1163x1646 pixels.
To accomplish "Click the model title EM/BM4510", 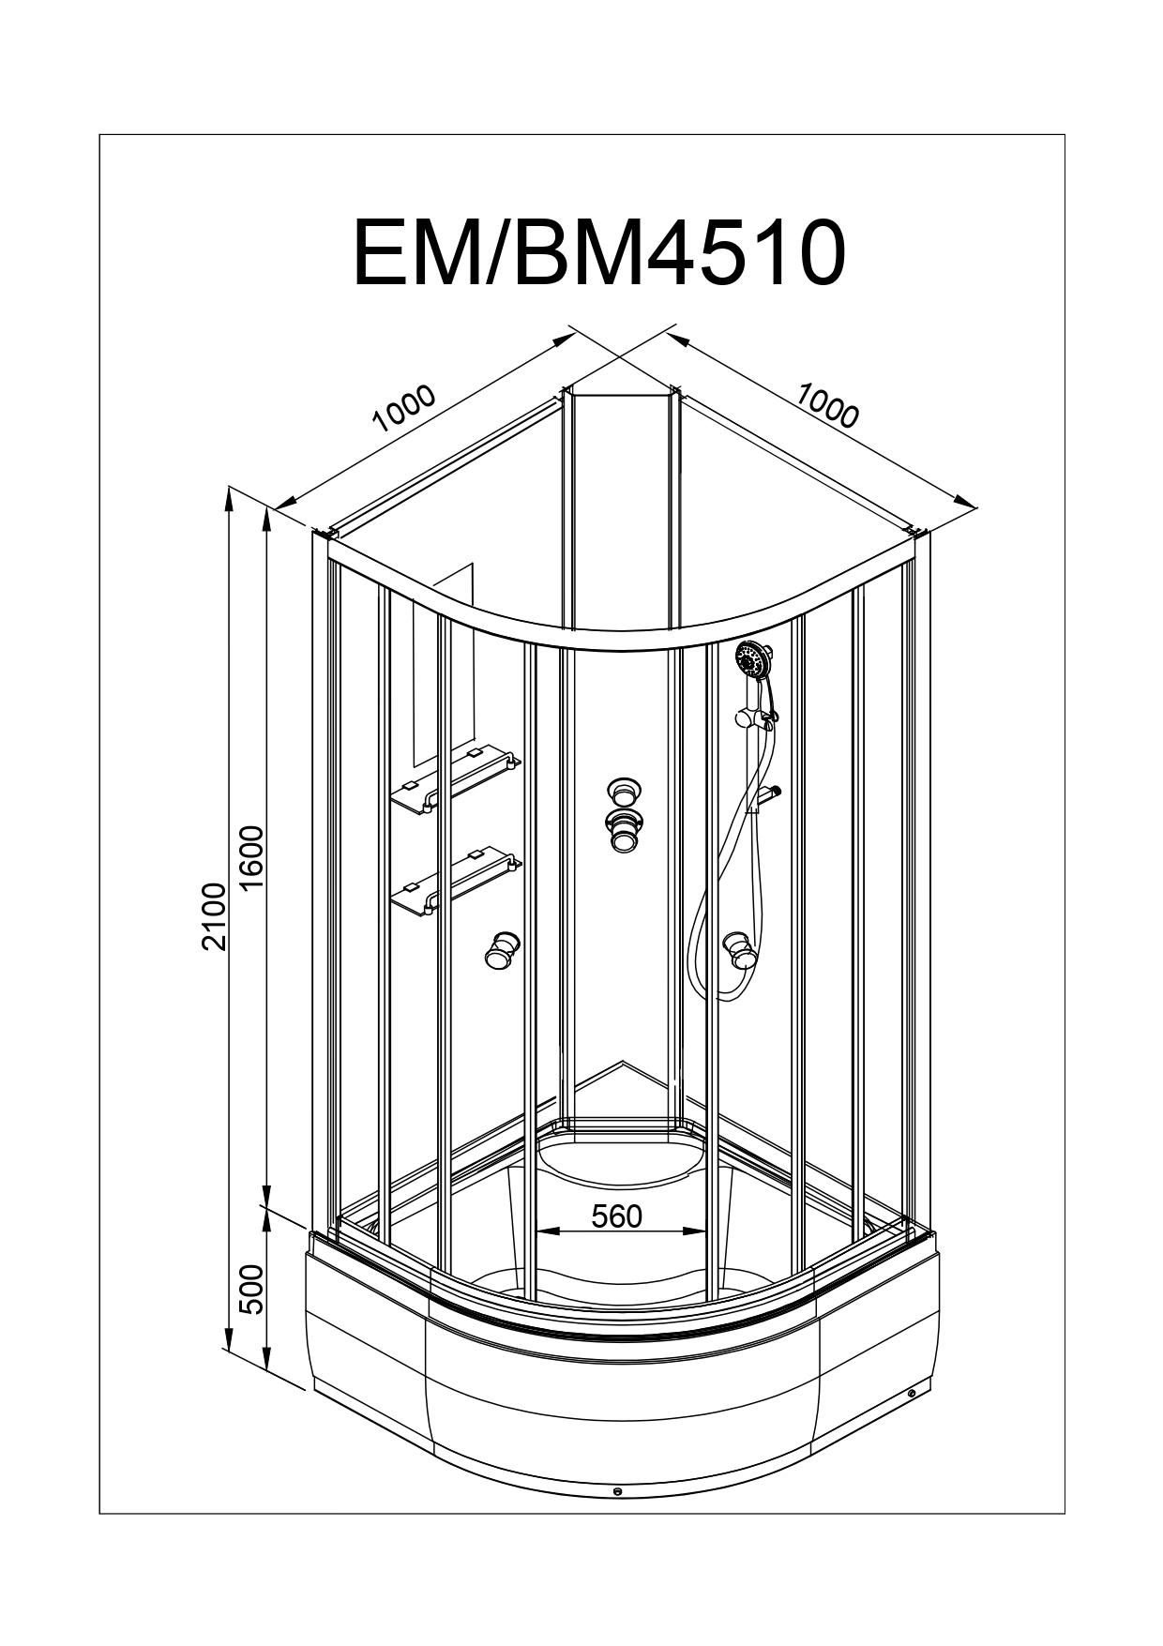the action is [x=598, y=254].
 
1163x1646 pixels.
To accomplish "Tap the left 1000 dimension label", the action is [x=405, y=408].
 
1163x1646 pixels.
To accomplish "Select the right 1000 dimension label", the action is [x=826, y=405].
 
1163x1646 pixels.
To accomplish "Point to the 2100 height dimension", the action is [x=215, y=916].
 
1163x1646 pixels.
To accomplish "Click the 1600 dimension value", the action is [x=253, y=860].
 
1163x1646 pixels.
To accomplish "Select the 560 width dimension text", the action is [x=617, y=1216].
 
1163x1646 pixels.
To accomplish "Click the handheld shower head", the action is [x=752, y=659].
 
